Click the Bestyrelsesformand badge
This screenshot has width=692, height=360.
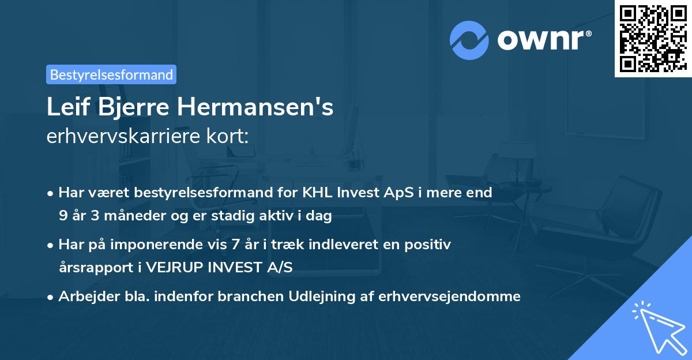pyautogui.click(x=111, y=74)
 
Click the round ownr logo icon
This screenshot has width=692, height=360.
pyautogui.click(x=469, y=40)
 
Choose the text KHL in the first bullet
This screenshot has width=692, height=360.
pyautogui.click(x=317, y=193)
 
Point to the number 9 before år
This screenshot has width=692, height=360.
pyautogui.click(x=63, y=216)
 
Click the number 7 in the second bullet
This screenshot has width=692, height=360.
pyautogui.click(x=234, y=245)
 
